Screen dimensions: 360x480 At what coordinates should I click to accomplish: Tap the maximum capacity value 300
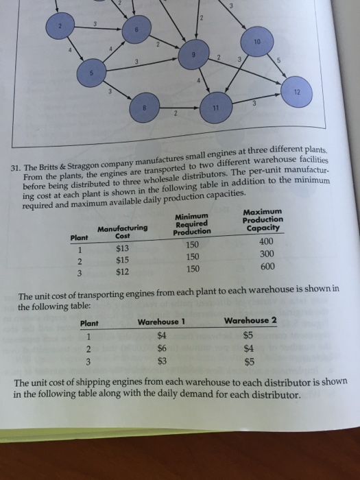pyautogui.click(x=263, y=258)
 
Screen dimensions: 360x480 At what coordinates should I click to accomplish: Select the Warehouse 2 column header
pyautogui.click(x=250, y=321)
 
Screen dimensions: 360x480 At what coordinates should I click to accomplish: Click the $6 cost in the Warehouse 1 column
pyautogui.click(x=163, y=348)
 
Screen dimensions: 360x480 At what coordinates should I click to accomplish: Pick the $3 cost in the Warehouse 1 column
pyautogui.click(x=163, y=361)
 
